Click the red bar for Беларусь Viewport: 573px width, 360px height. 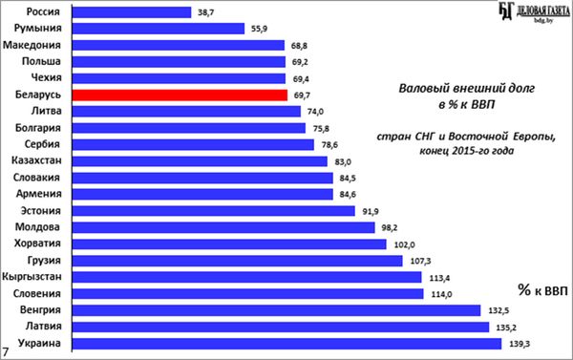[x=180, y=95]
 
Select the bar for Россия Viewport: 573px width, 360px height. [x=132, y=12]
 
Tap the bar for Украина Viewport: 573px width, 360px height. [x=286, y=344]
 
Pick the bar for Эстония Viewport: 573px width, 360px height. [x=213, y=211]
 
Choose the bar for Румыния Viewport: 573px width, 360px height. [x=159, y=29]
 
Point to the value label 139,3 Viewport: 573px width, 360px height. [x=520, y=344]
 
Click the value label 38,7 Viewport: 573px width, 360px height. [x=205, y=12]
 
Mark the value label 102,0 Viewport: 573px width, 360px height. [x=404, y=244]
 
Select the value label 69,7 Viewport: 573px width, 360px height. [x=302, y=95]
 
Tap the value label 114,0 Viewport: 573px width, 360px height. [x=441, y=294]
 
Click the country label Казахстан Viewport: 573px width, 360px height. [x=36, y=160]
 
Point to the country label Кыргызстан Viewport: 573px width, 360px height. [x=32, y=277]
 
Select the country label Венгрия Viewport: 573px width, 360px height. [x=40, y=310]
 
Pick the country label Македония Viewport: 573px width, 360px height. [x=32, y=45]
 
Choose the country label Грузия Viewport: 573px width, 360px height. [x=44, y=261]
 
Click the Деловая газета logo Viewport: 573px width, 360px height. [x=534, y=12]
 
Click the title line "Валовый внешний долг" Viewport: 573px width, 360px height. [x=467, y=89]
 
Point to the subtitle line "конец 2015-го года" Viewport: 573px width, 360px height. [x=467, y=151]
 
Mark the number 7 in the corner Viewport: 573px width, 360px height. [x=5, y=351]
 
